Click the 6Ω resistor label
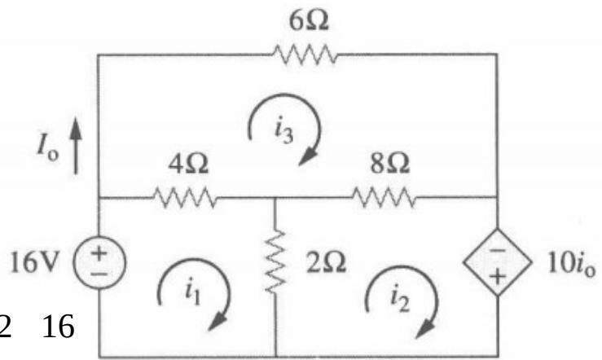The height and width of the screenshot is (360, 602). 309,20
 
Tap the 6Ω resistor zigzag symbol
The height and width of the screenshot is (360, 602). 305,54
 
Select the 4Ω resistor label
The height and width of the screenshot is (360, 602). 188,164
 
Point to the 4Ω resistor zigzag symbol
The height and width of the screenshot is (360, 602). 185,197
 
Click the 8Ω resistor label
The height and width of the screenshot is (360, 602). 389,164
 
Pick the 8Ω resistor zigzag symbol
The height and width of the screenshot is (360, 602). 384,197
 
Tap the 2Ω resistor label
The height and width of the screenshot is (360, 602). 326,263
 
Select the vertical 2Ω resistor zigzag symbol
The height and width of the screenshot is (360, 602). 275,262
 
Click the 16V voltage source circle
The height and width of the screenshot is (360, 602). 99,262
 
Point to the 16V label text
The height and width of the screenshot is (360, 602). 35,262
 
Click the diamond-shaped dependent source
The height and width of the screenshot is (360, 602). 498,262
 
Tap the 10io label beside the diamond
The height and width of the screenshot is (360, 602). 571,264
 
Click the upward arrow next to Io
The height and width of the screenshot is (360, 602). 76,146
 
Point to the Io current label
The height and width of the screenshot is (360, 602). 48,148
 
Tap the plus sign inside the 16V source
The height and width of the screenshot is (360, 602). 99,252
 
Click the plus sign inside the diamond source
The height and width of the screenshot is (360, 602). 498,276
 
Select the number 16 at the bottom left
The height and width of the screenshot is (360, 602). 58,327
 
